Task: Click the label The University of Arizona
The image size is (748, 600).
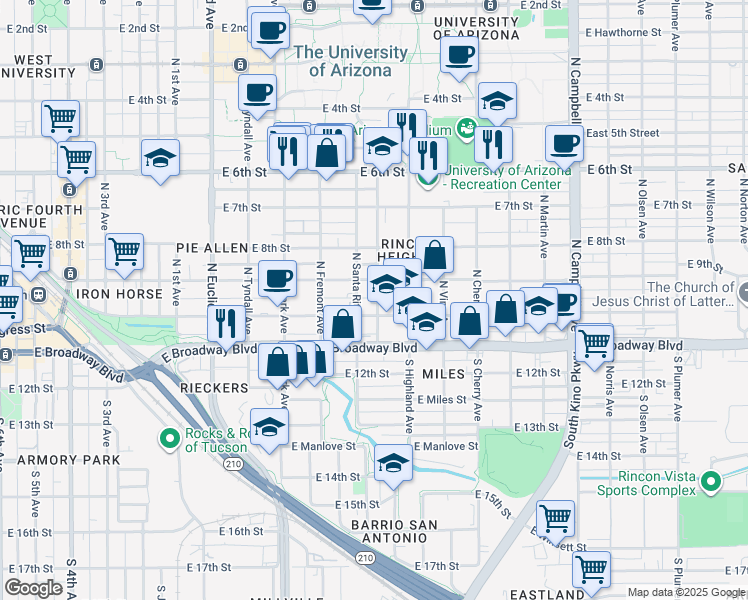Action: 351,61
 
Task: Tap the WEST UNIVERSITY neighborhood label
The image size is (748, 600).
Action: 40,68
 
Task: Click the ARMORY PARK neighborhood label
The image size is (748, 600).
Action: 69,460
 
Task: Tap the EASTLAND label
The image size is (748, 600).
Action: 546,594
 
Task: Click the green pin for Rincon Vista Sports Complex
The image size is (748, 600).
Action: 711,481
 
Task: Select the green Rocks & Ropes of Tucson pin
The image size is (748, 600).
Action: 170,438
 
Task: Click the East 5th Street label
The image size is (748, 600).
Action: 622,133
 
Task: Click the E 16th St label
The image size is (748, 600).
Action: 239,531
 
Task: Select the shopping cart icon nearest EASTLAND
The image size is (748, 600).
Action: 591,568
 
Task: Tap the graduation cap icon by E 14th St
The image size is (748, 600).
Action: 394,463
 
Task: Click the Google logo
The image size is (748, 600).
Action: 33,588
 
